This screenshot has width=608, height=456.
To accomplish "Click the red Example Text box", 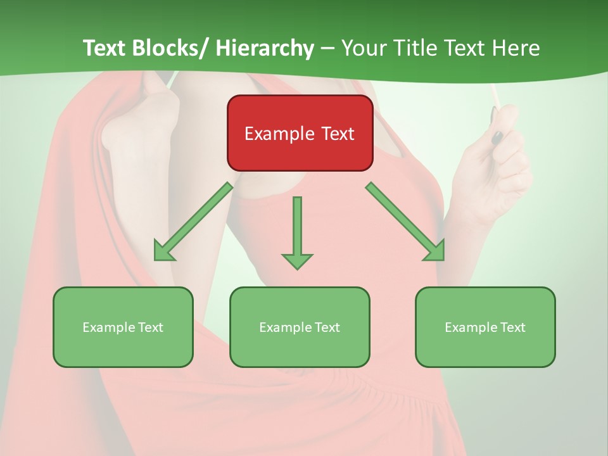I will tap(300, 133).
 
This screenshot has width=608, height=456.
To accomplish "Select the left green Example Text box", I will tap(123, 327).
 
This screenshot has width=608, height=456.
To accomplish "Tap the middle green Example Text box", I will tap(300, 327).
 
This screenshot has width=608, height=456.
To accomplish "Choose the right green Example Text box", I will tap(485, 327).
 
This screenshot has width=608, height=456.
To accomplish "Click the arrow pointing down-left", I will tap(194, 221).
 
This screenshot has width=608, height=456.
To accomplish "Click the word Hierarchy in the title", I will tap(265, 48).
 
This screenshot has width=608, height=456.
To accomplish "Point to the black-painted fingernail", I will tap(497, 136).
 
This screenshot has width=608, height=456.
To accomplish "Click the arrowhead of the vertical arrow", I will tap(297, 260).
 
